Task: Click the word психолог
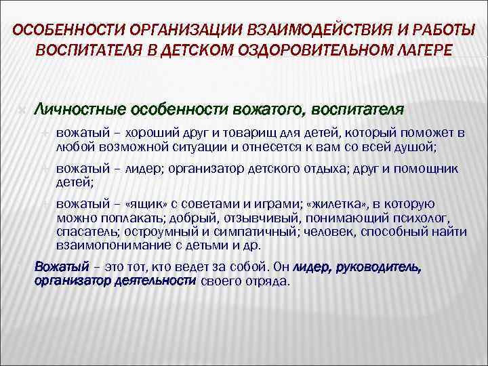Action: (434, 220)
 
